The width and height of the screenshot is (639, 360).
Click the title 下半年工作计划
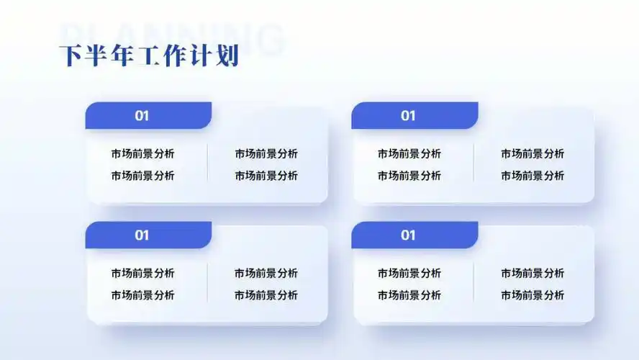pyautogui.click(x=148, y=55)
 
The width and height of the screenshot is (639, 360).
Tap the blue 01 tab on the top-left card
pyautogui.click(x=148, y=115)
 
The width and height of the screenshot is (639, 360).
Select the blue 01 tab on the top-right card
pyautogui.click(x=414, y=115)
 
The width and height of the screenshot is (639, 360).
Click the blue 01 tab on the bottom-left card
pyautogui.click(x=148, y=235)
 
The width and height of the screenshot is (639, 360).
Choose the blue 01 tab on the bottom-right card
pyautogui.click(x=414, y=235)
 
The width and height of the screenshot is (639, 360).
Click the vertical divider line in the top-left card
pyautogui.click(x=207, y=163)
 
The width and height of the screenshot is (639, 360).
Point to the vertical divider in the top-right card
pyautogui.click(x=473, y=163)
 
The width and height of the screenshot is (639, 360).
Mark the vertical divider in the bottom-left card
pyautogui.click(x=207, y=283)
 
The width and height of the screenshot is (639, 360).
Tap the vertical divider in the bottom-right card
pyautogui.click(x=473, y=283)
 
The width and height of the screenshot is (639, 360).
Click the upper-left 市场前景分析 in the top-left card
pyautogui.click(x=142, y=153)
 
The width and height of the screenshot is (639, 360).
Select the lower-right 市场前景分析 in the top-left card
pyautogui.click(x=266, y=175)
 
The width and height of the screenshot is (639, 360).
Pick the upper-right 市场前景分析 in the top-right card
pyautogui.click(x=532, y=153)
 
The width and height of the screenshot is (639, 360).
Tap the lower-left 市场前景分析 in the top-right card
pyautogui.click(x=409, y=175)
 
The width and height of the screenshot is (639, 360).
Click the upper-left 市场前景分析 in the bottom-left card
pyautogui.click(x=142, y=273)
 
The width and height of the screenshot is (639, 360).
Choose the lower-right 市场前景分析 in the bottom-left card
pyautogui.click(x=266, y=294)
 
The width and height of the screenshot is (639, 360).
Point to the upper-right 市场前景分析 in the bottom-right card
pyautogui.click(x=532, y=273)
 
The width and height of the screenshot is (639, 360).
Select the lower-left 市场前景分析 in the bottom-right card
pyautogui.click(x=409, y=294)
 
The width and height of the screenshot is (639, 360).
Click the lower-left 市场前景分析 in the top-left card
pyautogui.click(x=142, y=175)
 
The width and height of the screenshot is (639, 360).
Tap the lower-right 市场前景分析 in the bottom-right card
pyautogui.click(x=532, y=294)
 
